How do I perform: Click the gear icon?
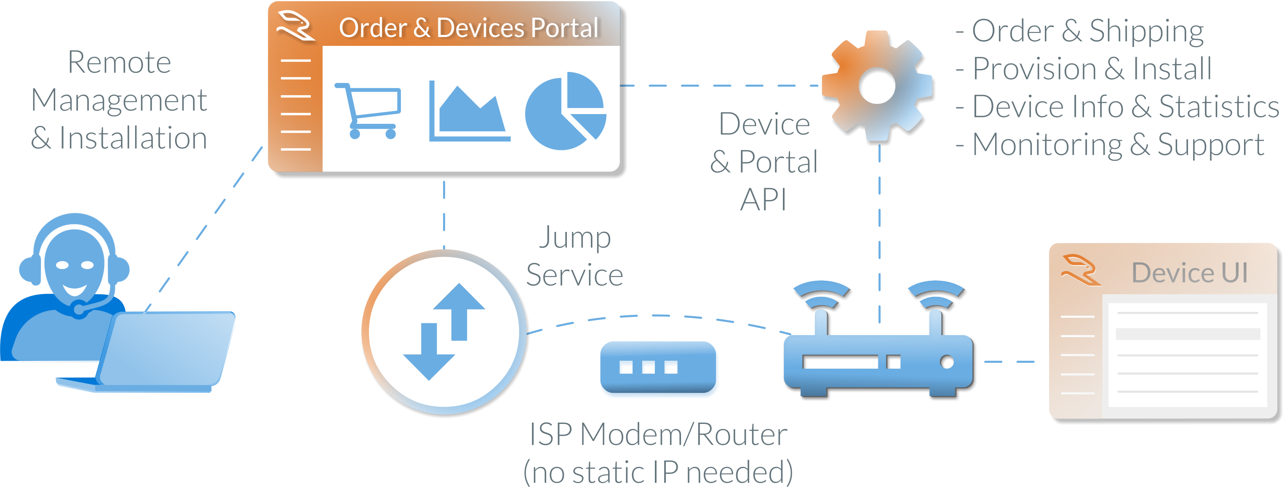tap(877, 85)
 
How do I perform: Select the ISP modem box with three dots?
tap(659, 370)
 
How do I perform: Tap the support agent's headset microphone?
tap(79, 309)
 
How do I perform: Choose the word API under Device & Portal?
tap(763, 200)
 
